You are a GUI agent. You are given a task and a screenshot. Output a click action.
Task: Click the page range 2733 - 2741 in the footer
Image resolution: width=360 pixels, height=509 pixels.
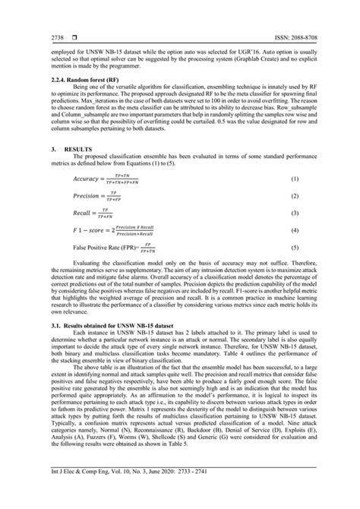pos(203,494)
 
